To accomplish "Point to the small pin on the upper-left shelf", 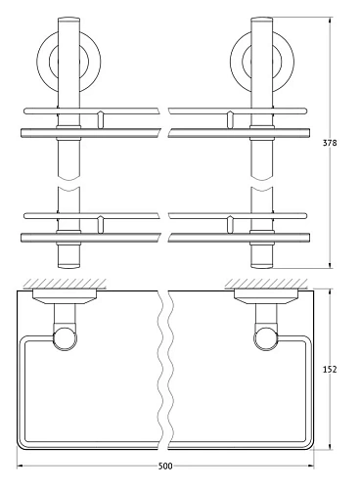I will coord(100,120).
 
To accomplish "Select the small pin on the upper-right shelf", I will coord(228,120).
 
